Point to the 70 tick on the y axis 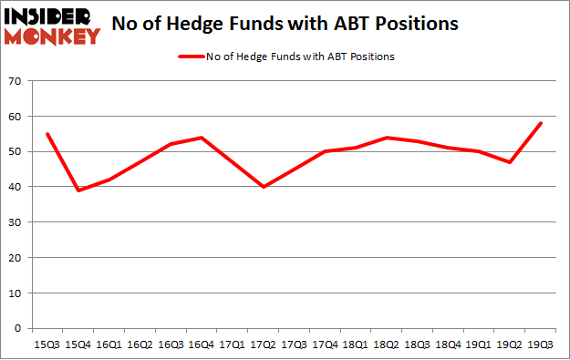coord(16,82)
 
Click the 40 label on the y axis coord(16,188)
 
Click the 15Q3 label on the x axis coord(47,345)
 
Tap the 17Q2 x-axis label coord(264,345)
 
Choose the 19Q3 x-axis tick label coord(541,345)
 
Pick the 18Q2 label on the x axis coord(387,345)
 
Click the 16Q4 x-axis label coord(202,345)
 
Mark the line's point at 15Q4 coord(78,190)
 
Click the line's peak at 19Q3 coord(541,123)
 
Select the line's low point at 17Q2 coord(264,187)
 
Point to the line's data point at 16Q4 coord(202,138)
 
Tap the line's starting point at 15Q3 coord(47,134)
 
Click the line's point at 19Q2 coord(510,162)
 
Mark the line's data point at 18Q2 coord(387,138)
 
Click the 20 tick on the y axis coord(16,258)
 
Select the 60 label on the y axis coord(16,117)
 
